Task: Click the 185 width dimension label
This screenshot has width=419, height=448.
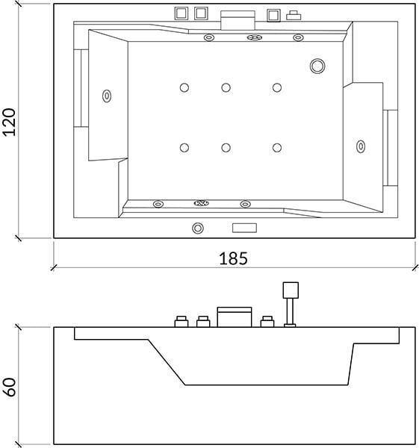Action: click(x=233, y=258)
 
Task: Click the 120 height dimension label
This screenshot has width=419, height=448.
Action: click(x=9, y=122)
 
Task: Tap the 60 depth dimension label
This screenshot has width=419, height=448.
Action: click(x=10, y=387)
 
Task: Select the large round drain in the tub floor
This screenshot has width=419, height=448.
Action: click(x=317, y=66)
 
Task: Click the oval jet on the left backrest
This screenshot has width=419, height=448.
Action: click(x=107, y=96)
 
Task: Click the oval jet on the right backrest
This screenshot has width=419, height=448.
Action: click(x=361, y=146)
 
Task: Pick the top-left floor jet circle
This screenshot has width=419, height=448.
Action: click(x=184, y=87)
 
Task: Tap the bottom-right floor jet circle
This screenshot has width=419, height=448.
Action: click(x=277, y=148)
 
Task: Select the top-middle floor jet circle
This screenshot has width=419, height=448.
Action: click(x=226, y=87)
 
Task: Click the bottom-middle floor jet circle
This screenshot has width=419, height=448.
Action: click(x=226, y=148)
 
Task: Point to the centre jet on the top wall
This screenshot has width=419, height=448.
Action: click(x=255, y=37)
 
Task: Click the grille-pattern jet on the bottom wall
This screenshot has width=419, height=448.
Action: click(x=201, y=203)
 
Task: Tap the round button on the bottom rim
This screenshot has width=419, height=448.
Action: click(x=198, y=228)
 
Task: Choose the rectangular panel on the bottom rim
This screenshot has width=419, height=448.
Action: click(x=244, y=228)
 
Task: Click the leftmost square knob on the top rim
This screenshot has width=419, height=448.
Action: click(x=181, y=13)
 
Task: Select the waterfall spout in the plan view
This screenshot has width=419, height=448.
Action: click(x=238, y=20)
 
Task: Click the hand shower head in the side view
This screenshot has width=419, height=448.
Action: click(x=291, y=290)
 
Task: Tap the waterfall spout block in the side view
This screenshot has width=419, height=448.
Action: click(x=235, y=317)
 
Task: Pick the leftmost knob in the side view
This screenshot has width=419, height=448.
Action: click(x=181, y=321)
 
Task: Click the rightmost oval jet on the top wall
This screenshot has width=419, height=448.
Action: click(x=298, y=37)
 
